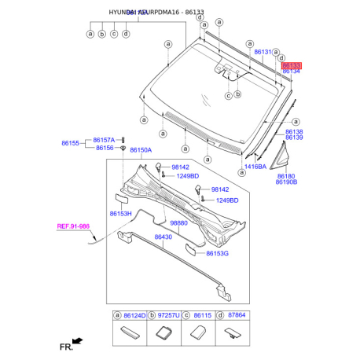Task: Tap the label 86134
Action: click(x=291, y=72)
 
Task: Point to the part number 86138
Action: click(x=294, y=131)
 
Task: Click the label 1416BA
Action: click(x=255, y=167)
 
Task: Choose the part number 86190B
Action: click(x=286, y=183)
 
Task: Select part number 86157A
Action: click(x=105, y=139)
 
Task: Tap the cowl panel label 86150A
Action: click(x=141, y=149)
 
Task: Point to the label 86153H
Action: click(x=120, y=214)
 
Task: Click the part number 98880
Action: click(x=180, y=223)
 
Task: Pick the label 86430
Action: click(x=163, y=237)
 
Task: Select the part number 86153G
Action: click(x=217, y=254)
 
